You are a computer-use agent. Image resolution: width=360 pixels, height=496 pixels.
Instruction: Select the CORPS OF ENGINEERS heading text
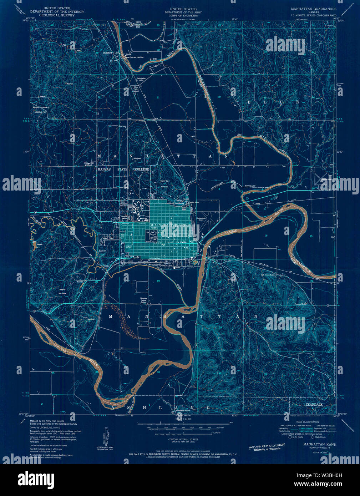coord(183,15)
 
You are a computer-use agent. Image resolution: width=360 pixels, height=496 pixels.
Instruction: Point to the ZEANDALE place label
coord(314,405)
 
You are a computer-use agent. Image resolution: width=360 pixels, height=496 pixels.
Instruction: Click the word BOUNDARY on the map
coord(251,186)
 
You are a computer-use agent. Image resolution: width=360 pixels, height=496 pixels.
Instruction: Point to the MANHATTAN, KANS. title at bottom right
coord(317,445)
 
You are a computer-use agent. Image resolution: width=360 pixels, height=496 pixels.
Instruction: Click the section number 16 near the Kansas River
coord(266,236)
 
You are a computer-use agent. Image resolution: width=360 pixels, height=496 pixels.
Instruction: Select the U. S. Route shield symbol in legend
coord(289,436)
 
